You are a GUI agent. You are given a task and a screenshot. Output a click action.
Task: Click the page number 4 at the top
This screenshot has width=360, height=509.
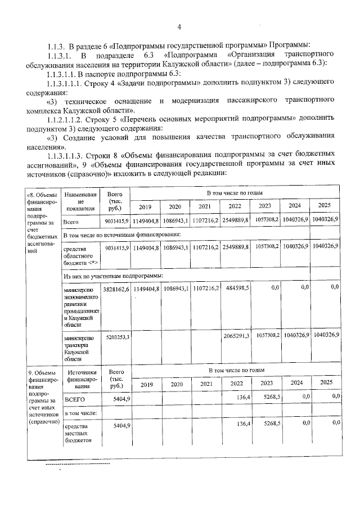[x=179, y=26]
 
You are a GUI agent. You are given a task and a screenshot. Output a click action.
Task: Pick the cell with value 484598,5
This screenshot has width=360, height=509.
[x=236, y=287]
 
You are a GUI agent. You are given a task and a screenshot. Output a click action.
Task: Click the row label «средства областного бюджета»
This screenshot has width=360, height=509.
[x=81, y=254]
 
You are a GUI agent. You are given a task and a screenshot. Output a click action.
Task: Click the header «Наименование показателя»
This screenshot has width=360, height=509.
[x=80, y=202]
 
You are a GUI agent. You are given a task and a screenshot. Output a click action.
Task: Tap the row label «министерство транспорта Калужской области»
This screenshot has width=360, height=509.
[x=81, y=346]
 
